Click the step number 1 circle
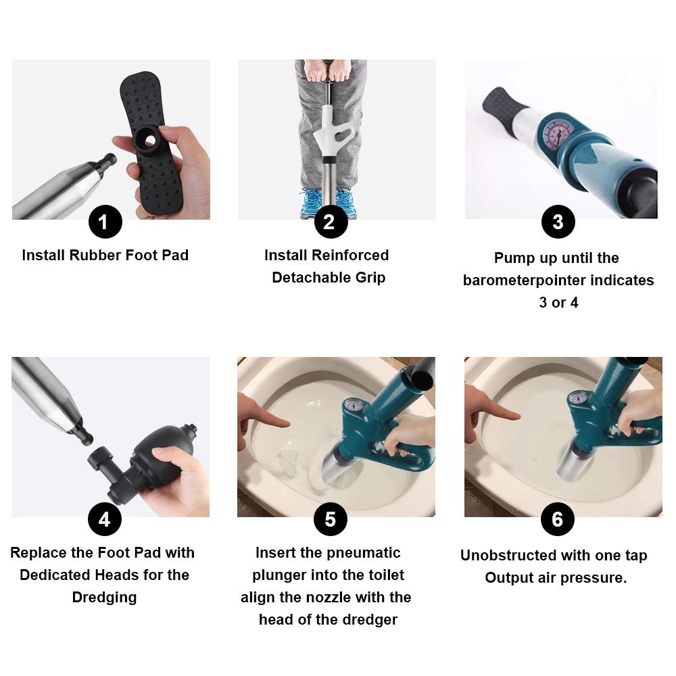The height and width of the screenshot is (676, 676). (x=105, y=222)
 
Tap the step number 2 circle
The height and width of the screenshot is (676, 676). (x=331, y=222)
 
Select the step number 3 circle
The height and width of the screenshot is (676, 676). (x=558, y=222)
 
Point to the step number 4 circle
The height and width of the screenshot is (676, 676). (x=105, y=519)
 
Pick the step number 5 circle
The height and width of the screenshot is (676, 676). (x=331, y=519)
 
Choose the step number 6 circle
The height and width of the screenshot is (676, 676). (x=558, y=519)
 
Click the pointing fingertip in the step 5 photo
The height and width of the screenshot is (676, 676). (x=287, y=422)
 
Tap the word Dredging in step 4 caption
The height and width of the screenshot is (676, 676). (x=104, y=598)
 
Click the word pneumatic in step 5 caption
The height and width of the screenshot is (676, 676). (x=364, y=553)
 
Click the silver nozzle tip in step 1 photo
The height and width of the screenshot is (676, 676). (x=107, y=161)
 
